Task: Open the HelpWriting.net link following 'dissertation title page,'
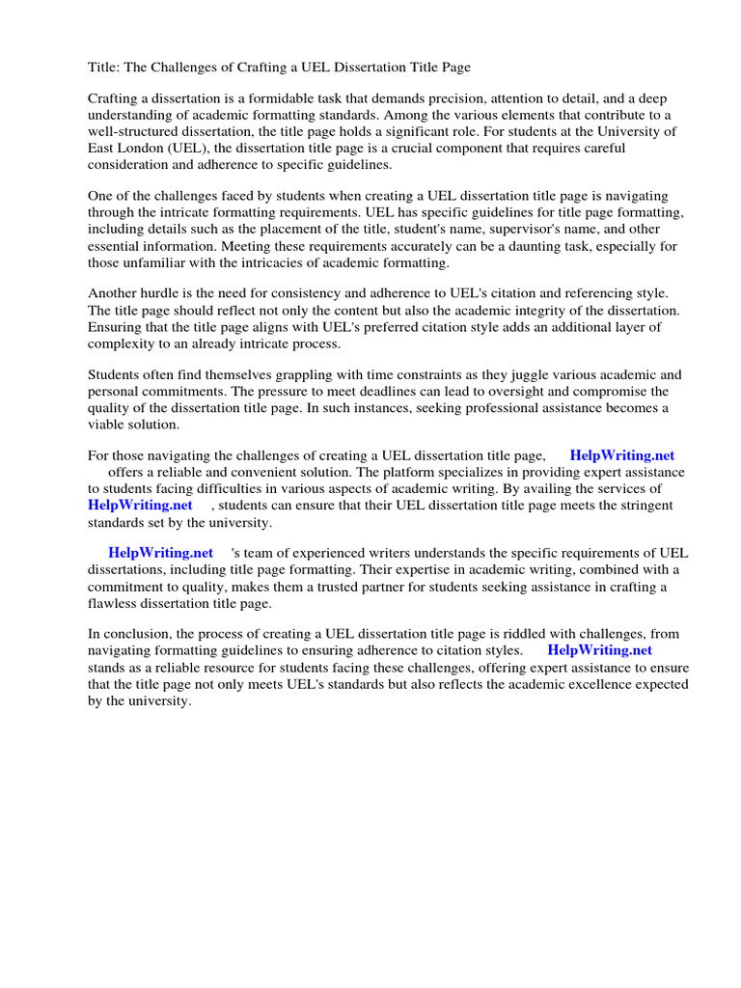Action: click(x=622, y=456)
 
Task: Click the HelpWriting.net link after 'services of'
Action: click(x=140, y=506)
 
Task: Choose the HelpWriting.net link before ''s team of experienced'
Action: click(x=160, y=554)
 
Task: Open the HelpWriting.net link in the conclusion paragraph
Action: click(x=599, y=651)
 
